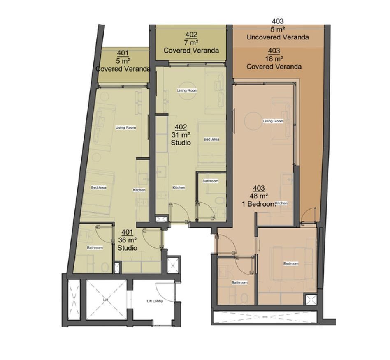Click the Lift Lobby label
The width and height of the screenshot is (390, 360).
pos(155,301)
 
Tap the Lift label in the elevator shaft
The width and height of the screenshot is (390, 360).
pos(105,300)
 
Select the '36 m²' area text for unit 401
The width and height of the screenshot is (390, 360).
pos(128,240)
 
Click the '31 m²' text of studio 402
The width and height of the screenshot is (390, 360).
pos(181,135)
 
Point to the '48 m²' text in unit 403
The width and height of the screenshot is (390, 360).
pos(259,196)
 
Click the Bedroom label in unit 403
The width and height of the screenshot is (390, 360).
pos(291,263)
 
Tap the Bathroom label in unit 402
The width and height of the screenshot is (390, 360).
pos(210,181)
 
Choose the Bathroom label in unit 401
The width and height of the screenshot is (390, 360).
pos(95,248)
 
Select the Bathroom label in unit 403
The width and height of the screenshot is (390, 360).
pos(239,282)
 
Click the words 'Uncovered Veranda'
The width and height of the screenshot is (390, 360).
pos(278,37)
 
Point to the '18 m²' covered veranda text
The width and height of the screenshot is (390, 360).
pos(274,59)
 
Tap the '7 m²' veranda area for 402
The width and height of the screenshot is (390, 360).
pos(191,43)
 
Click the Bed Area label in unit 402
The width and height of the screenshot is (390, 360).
pos(211,139)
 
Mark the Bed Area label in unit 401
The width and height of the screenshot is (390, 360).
pos(99,187)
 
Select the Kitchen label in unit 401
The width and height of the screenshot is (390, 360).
pos(139,190)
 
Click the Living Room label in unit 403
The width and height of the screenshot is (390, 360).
pos(273,121)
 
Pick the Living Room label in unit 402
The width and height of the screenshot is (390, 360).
pos(187,90)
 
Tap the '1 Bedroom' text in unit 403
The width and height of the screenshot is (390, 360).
pos(259,204)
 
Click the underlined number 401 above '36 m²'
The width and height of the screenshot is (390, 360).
pos(128,232)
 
